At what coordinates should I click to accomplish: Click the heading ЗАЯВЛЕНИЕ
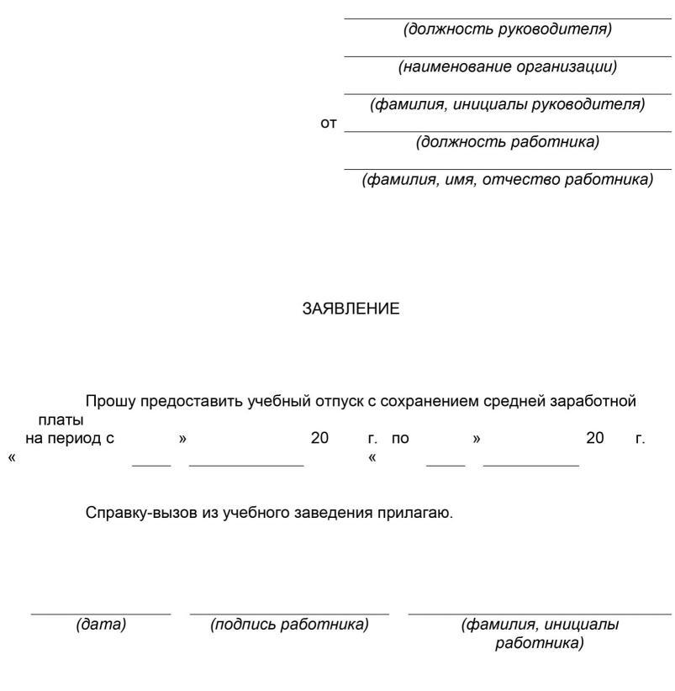point(351,309)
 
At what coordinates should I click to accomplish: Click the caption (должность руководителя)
point(508,29)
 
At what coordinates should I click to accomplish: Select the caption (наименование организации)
point(508,67)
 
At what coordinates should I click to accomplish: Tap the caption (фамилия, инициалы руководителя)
point(508,104)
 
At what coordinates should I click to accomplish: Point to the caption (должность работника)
point(508,142)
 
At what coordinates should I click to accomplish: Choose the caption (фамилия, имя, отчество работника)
point(508,180)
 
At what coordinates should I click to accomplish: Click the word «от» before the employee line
point(329,124)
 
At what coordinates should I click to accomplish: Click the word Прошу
point(110,401)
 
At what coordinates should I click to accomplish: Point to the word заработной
point(595,401)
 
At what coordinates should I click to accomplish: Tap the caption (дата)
point(101,625)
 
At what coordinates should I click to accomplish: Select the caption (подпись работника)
point(290,625)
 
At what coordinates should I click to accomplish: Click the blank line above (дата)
point(101,615)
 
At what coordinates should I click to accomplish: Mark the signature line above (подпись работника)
point(290,615)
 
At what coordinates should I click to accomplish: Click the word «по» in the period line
point(400,438)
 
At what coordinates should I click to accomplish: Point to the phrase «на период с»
point(70,438)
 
